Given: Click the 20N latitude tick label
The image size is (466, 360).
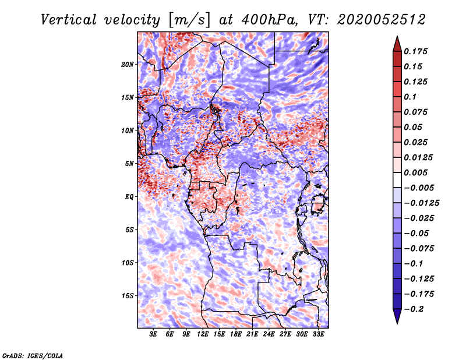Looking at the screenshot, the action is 128,65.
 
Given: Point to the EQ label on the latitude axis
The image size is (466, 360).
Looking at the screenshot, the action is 129,197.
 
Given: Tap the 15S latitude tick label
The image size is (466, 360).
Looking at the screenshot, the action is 128,296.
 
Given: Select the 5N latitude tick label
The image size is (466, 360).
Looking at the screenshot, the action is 129,164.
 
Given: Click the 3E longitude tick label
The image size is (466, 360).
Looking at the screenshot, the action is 153,334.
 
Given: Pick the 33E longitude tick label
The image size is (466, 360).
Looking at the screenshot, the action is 318,334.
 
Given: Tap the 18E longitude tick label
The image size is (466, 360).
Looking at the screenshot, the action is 236,334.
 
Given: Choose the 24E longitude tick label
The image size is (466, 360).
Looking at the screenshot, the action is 269,334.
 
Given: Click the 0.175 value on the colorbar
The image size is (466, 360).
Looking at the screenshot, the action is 415,51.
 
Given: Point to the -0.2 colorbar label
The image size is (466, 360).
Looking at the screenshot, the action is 414,309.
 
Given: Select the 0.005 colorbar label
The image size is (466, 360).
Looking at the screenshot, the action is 415,172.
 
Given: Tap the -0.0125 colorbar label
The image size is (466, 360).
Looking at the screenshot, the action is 421,203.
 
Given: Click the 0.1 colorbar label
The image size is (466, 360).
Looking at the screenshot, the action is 410,97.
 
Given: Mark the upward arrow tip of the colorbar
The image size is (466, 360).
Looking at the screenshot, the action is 397,36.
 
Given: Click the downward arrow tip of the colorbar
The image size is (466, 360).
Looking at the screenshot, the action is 397,323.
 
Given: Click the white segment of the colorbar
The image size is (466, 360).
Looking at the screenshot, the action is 397,180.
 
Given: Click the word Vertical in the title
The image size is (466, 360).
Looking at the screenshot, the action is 69,20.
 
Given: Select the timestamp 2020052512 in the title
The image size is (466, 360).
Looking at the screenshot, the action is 382,20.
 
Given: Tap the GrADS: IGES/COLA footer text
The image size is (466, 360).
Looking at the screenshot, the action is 33,355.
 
